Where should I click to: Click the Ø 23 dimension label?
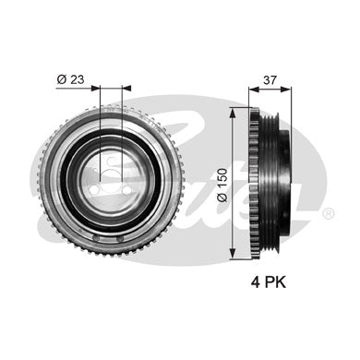70,79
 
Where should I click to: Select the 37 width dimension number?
270,80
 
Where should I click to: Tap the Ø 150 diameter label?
222,185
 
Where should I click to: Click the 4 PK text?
269,282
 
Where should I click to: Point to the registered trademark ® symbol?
329,213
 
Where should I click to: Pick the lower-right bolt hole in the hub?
126,191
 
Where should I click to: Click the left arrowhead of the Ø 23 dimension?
96,89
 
